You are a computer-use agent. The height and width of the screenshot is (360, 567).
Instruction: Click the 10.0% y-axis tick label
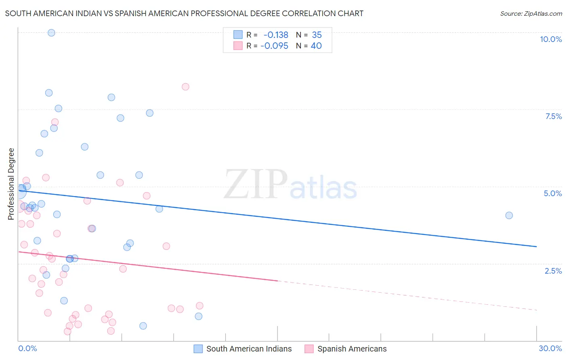click(x=550, y=39)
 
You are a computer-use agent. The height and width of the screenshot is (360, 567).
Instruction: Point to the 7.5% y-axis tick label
click(x=553, y=116)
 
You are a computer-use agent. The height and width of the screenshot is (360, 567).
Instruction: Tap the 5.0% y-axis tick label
click(x=552, y=193)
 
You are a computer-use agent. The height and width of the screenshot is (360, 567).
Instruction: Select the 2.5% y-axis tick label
click(x=553, y=271)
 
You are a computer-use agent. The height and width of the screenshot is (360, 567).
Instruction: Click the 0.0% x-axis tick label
click(x=27, y=348)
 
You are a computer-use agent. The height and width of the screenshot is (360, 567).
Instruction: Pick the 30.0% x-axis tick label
click(x=550, y=348)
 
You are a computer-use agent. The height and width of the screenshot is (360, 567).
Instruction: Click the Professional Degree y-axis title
click(x=11, y=184)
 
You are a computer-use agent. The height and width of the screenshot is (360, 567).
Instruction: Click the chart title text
click(x=184, y=13)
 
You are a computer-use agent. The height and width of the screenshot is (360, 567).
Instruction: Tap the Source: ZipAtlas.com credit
click(x=531, y=13)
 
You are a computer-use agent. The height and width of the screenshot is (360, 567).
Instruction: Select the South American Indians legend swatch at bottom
click(x=198, y=349)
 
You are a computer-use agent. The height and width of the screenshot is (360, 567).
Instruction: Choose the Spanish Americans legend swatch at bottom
click(x=309, y=349)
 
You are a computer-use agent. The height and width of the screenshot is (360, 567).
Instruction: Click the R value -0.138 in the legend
click(x=276, y=35)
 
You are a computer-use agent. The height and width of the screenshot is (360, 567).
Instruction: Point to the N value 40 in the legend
click(x=316, y=46)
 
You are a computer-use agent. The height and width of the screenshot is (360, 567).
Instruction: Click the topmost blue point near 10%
click(x=51, y=33)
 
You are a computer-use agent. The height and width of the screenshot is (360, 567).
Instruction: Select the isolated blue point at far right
click(x=509, y=216)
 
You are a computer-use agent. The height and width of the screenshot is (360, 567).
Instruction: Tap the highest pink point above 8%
click(x=186, y=87)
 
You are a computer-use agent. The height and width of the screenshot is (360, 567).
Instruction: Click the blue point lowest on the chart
click(x=143, y=326)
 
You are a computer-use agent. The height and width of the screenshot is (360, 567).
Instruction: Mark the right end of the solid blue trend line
click(x=536, y=246)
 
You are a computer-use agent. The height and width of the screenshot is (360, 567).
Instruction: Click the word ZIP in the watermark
click(x=256, y=184)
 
